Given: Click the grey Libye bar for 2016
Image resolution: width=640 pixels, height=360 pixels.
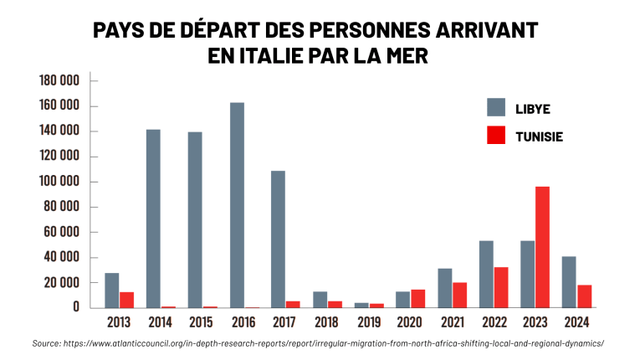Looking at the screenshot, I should [237, 205].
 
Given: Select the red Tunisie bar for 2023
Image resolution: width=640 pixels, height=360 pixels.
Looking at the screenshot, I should [542, 247].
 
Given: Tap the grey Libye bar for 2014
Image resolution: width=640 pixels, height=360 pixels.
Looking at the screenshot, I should [153, 219].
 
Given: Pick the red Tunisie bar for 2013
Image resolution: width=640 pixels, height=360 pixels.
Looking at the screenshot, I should [127, 300].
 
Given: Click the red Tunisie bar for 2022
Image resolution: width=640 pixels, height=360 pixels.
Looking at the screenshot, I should [501, 287].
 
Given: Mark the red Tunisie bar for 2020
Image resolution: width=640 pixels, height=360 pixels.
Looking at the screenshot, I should [418, 299].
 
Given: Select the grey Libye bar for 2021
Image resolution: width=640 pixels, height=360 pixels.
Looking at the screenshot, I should [444, 288].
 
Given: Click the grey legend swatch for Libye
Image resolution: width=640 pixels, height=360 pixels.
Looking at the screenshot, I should [496, 107].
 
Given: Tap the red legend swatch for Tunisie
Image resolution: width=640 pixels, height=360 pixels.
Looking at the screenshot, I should [496, 135].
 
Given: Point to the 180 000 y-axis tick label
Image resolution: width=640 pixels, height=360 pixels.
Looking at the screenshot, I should [59, 80].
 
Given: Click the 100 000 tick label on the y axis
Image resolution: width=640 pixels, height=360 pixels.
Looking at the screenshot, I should [59, 182].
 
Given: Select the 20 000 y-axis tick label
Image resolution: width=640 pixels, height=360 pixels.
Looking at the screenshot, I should [59, 283].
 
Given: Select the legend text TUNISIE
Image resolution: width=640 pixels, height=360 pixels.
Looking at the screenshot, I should [539, 136].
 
